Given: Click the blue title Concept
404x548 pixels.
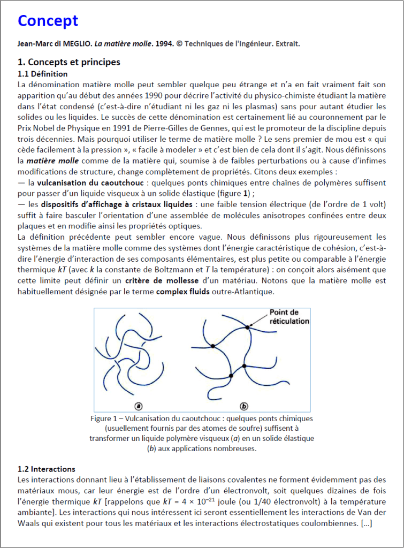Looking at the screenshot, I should pyautogui.click(x=48, y=21).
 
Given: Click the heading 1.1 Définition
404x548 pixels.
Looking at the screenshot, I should pyautogui.click(x=43, y=74).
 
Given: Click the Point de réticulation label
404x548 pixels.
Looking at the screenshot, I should pyautogui.click(x=289, y=317).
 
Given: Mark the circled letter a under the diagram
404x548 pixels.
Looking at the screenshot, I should pyautogui.click(x=139, y=406).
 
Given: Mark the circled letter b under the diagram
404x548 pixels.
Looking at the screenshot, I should pyautogui.click(x=244, y=406).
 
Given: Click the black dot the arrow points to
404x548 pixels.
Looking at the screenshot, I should pyautogui.click(x=247, y=326).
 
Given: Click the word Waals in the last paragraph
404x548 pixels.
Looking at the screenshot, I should pyautogui.click(x=29, y=523).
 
